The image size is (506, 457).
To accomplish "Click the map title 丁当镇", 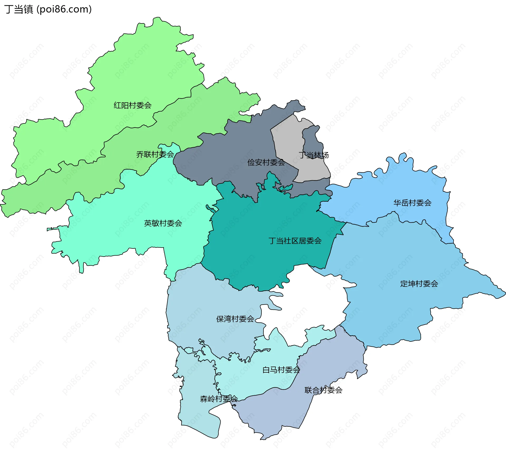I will pos(18,9).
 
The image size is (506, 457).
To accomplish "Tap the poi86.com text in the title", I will pos(64,9).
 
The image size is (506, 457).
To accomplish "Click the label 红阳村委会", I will pos(133,105).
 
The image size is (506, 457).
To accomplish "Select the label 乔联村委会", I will pos(155,154).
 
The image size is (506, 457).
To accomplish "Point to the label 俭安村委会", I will pos(266,162).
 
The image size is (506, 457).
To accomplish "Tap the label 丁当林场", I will pos(314,155).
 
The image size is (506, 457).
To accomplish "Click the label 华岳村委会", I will pos(412,203).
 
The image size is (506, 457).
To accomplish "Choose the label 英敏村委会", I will pos(163,223).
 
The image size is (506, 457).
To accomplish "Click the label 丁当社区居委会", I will pos(295,241).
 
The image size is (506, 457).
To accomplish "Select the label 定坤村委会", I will pos(419,284).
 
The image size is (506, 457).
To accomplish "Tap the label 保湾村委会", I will pos(235,319).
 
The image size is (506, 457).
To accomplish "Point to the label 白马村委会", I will pos(281,370).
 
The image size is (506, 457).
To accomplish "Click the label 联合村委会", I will pos(323,390).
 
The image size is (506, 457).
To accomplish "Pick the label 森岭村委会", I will pos(219,399).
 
